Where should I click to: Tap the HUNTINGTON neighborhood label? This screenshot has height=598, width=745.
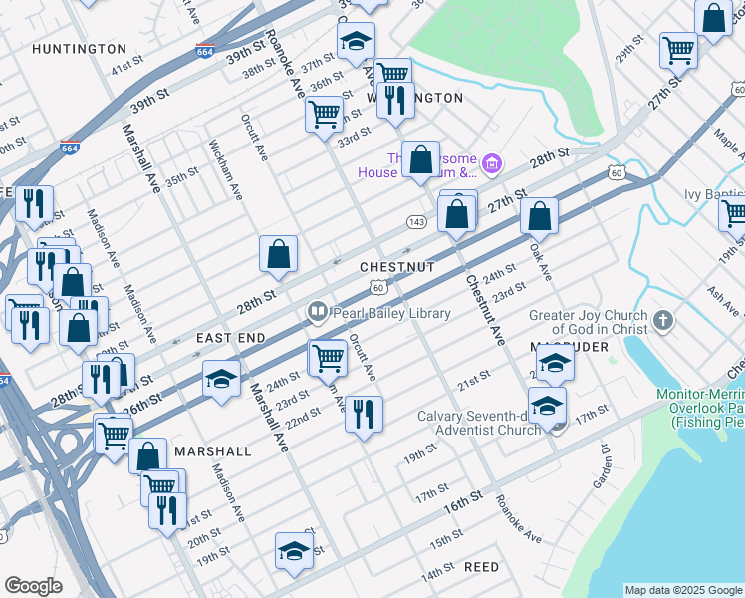pyautogui.click(x=79, y=48)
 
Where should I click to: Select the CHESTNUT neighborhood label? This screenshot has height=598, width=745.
pyautogui.click(x=397, y=268)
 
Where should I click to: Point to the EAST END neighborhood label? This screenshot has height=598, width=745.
pyautogui.click(x=231, y=339)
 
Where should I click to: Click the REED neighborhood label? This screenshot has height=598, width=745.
pyautogui.click(x=481, y=567)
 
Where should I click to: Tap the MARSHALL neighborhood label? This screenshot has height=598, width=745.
pyautogui.click(x=213, y=451)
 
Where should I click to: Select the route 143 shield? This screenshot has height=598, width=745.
pyautogui.click(x=416, y=220)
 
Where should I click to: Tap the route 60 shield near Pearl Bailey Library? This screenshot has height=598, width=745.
pyautogui.click(x=378, y=287)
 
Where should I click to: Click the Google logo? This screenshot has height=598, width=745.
pyautogui.click(x=33, y=586)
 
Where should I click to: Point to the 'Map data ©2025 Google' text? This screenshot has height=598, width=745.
pyautogui.click(x=683, y=590)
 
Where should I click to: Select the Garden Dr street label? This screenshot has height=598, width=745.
pyautogui.click(x=602, y=472)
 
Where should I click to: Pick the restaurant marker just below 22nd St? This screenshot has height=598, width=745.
pyautogui.click(x=364, y=412)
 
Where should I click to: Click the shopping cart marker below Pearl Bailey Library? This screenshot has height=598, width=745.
pyautogui.click(x=327, y=358)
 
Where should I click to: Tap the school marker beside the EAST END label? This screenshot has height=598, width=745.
pyautogui.click(x=221, y=379)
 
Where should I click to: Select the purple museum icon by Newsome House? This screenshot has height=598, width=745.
pyautogui.click(x=491, y=162)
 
